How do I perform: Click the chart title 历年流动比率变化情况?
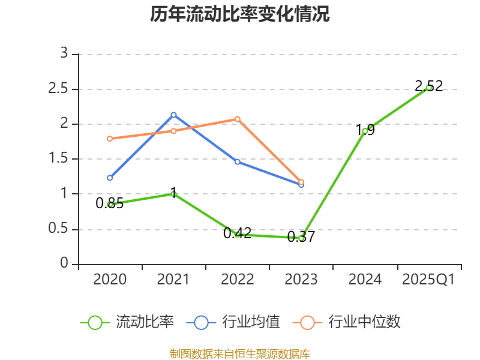click(240, 14)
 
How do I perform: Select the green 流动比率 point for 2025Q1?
click(428, 88)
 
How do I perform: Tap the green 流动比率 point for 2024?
click(365, 130)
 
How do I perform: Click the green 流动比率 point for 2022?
click(238, 235)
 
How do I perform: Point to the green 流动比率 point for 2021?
click(173, 194)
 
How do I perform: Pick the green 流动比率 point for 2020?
click(110, 205)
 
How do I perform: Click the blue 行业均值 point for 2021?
click(173, 115)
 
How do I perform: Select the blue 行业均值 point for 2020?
click(110, 178)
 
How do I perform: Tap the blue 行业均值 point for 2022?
click(238, 161)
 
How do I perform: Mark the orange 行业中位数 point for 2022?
click(238, 119)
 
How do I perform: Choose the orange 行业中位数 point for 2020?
click(110, 139)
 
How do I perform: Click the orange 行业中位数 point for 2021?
click(173, 131)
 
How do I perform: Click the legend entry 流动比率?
click(127, 322)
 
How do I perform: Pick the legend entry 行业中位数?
click(347, 322)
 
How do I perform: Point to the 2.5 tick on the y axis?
click(62, 89)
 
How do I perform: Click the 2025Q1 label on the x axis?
click(428, 280)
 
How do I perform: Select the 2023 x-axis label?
click(301, 280)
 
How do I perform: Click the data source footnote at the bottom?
click(240, 353)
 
